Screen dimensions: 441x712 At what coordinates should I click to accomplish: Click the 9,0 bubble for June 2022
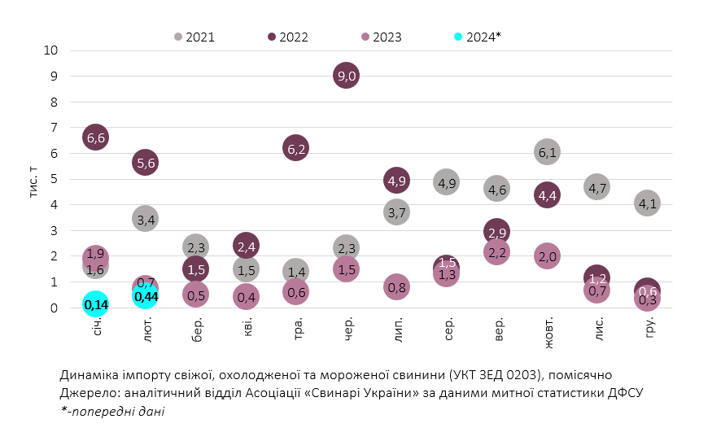tap(346, 76)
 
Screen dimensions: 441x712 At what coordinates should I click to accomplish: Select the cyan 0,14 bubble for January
tap(95, 304)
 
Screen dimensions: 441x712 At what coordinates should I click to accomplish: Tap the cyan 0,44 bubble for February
tap(146, 296)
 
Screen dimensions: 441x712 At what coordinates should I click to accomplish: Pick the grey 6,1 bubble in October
tap(547, 152)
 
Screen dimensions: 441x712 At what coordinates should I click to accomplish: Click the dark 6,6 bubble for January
tap(95, 138)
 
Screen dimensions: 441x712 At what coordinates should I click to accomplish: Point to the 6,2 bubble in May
tap(296, 148)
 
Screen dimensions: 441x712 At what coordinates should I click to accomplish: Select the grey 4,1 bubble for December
tap(647, 203)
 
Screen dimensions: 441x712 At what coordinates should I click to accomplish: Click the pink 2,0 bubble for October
tap(547, 256)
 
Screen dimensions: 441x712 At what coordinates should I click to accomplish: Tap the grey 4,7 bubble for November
tap(596, 188)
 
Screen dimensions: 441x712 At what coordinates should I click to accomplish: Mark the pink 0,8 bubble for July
tap(396, 286)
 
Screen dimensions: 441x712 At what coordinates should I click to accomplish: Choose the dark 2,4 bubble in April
tap(246, 245)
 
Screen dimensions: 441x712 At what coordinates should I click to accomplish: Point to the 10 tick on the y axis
tap(50, 50)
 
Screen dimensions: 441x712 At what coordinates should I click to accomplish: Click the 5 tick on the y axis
tap(54, 179)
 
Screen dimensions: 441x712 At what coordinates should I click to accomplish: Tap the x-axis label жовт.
tap(547, 334)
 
